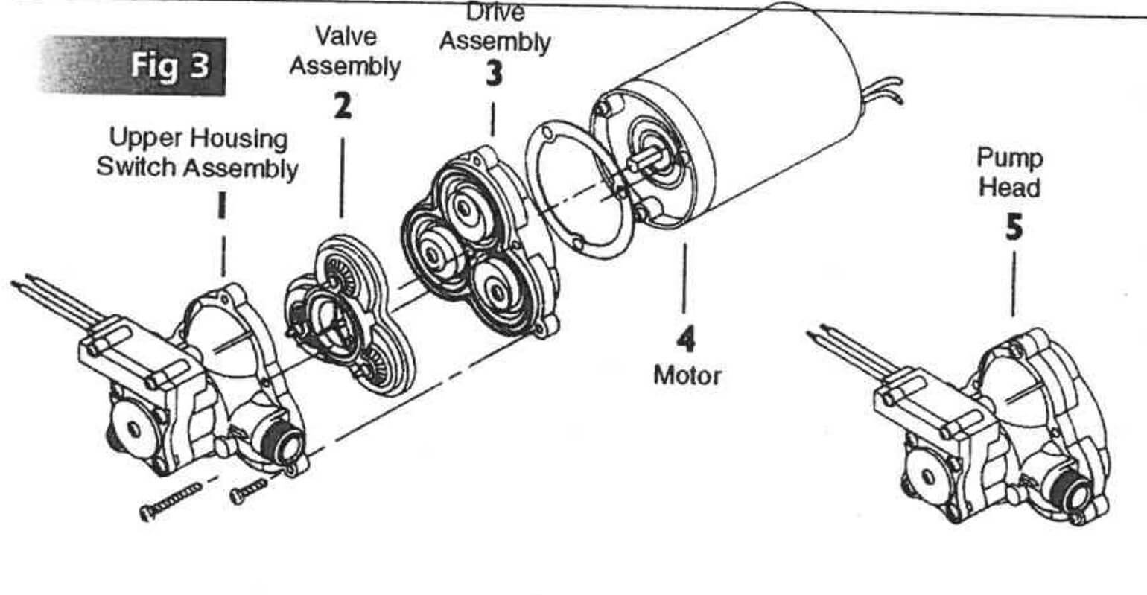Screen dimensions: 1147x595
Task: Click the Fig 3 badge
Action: click(133, 66)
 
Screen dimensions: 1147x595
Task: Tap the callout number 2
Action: click(343, 106)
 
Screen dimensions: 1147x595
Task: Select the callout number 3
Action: click(494, 73)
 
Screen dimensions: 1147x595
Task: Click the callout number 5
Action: click(1014, 227)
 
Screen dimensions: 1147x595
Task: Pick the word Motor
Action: click(687, 376)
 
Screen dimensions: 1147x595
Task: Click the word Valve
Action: click(346, 36)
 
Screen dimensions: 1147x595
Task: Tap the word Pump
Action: click(1009, 158)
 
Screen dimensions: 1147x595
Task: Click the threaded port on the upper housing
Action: click(282, 440)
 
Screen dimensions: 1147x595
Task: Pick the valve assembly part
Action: click(350, 316)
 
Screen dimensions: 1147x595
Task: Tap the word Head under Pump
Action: click(1009, 187)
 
